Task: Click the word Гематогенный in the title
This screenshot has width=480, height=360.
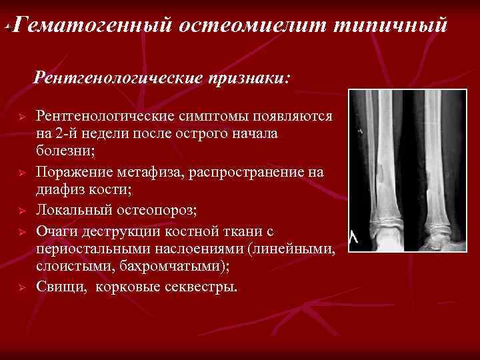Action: click(91, 25)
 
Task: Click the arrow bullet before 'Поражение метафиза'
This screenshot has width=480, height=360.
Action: click(21, 173)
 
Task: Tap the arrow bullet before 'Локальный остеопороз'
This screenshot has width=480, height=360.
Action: click(21, 211)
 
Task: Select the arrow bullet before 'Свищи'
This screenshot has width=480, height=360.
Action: click(21, 287)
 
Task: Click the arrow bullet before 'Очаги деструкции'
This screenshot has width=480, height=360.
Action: click(21, 231)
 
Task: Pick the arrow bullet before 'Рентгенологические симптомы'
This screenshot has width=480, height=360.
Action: click(21, 117)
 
